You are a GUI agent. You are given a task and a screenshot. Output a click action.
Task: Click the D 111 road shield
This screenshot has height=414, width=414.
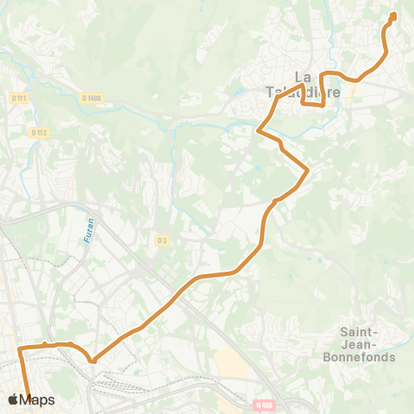20,98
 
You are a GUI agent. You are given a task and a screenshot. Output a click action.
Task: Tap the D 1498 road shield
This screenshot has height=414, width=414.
92,98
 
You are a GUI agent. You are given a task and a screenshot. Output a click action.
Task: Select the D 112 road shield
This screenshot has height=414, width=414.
37,133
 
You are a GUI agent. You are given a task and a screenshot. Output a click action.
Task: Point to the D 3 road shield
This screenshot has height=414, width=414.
161,240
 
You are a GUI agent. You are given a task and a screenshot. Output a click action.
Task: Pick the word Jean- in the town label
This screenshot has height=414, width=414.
357,343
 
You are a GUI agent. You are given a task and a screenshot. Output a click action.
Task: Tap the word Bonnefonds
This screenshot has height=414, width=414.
357,356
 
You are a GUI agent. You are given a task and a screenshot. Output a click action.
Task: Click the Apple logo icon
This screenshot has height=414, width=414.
12,400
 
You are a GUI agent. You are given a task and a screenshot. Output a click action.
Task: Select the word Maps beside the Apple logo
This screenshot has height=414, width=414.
37,400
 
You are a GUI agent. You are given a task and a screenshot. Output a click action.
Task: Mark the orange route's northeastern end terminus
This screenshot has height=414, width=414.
393,16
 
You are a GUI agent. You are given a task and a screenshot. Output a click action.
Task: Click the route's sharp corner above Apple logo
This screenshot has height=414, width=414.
19,348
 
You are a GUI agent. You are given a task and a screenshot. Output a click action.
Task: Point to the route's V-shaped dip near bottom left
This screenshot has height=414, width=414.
92,361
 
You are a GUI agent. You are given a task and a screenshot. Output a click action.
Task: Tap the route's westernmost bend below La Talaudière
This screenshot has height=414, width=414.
259,131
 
